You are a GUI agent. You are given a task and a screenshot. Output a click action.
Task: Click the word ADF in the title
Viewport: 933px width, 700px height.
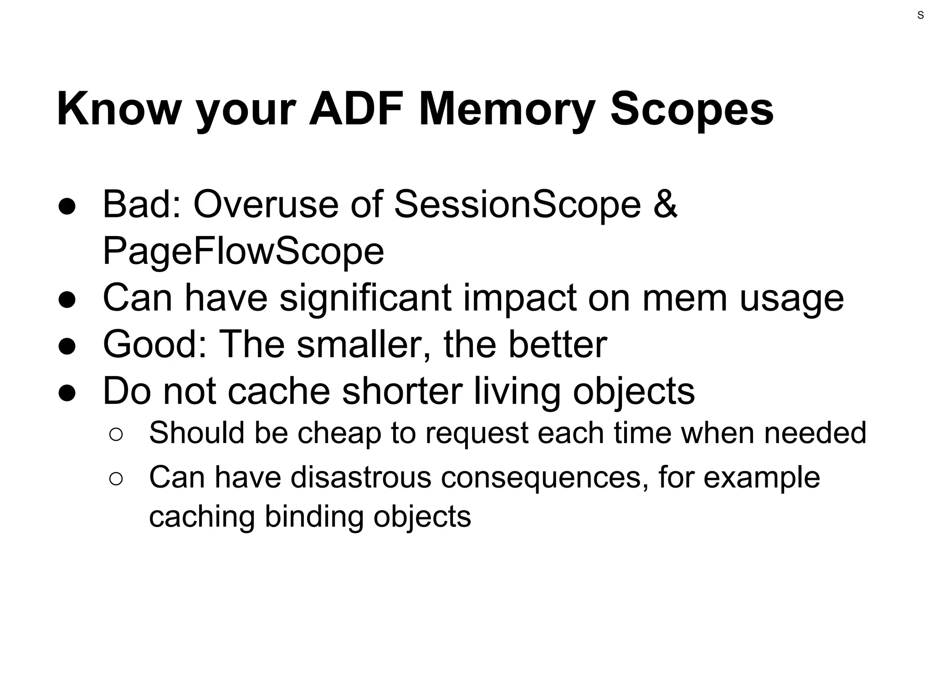point(356,109)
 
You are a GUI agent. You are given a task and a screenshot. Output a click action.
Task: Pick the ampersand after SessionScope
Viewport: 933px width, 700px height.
point(665,205)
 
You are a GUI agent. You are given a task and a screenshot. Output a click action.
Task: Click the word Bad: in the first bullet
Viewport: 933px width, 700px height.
point(142,205)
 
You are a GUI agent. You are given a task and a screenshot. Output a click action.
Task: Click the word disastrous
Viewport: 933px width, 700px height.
point(361,478)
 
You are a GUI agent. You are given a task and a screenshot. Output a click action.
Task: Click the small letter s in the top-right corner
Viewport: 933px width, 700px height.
point(920,15)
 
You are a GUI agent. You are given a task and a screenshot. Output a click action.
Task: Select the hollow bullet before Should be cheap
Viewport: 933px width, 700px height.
point(116,434)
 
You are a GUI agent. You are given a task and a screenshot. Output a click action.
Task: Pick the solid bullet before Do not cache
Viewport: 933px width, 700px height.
point(67,392)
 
